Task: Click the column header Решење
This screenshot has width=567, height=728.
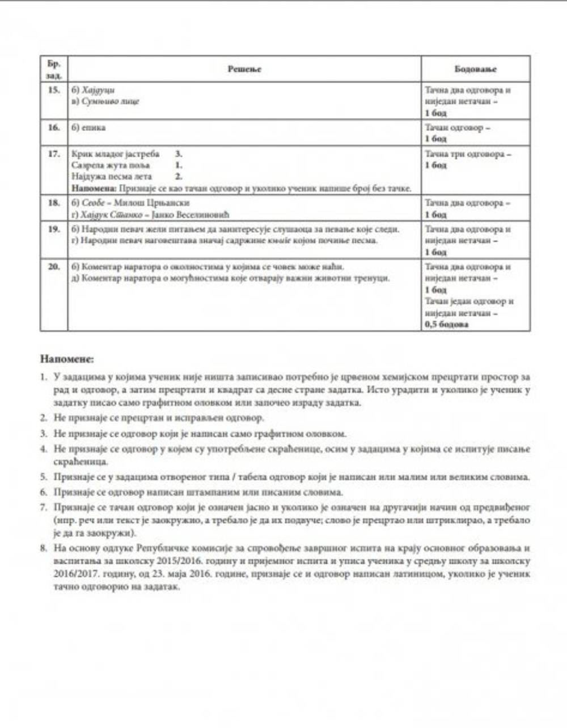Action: pos(244,69)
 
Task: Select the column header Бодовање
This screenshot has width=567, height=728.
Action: pos(475,69)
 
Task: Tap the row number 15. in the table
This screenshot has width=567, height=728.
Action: pos(54,90)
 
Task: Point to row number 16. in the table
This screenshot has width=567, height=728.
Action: pos(54,127)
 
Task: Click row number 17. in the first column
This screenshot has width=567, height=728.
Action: pos(54,154)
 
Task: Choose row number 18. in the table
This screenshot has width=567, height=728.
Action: pos(54,202)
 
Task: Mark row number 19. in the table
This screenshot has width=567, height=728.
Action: pos(54,229)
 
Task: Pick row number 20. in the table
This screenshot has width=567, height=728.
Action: pos(54,266)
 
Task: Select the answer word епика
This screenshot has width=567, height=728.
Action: pos(94,127)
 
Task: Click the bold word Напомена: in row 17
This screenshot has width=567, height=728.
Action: pos(94,188)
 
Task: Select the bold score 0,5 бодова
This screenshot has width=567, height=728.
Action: pos(447,325)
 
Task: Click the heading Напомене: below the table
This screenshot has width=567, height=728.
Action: pos(67,359)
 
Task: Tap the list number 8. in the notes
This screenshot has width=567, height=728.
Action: pos(44,548)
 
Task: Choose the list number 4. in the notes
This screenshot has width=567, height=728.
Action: pos(44,449)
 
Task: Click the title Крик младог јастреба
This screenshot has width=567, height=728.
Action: pos(116,154)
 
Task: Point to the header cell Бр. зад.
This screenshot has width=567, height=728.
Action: pos(54,69)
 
